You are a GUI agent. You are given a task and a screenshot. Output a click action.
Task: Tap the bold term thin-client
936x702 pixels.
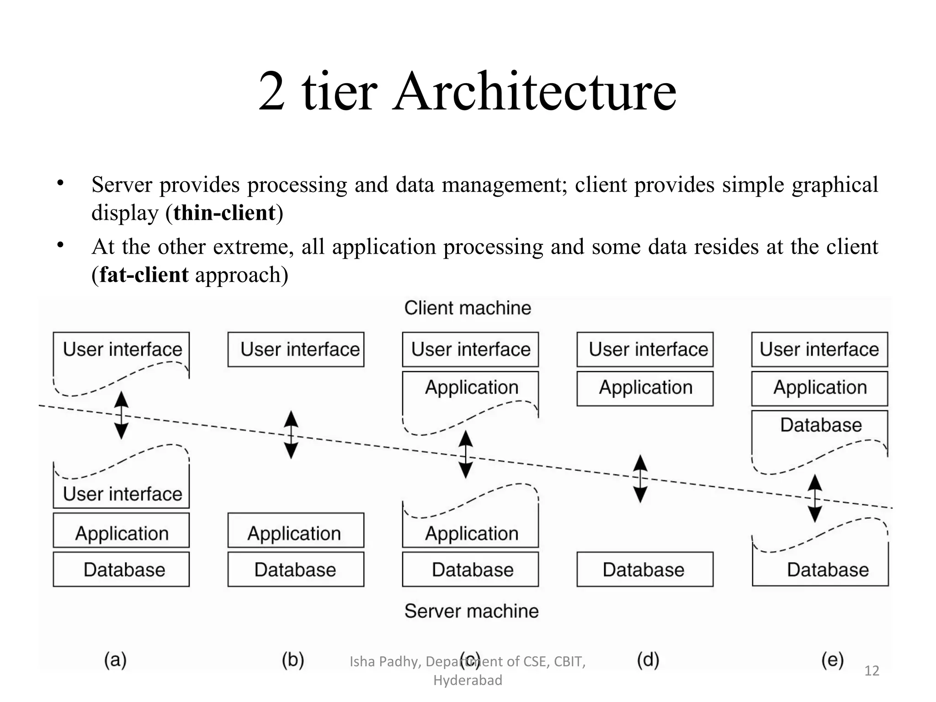(x=224, y=213)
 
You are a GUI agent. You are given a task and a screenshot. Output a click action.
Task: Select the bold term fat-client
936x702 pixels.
(x=144, y=275)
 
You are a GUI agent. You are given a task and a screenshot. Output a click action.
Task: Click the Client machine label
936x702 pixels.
(x=468, y=308)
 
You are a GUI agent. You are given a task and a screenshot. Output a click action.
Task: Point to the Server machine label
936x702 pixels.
(x=471, y=611)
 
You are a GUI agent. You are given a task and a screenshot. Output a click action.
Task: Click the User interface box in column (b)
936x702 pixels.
(x=296, y=350)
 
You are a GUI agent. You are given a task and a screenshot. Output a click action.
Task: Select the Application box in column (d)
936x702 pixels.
(x=645, y=388)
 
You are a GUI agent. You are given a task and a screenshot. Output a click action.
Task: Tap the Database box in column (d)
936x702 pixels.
(x=645, y=569)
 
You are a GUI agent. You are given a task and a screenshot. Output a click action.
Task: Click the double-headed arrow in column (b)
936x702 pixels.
(x=291, y=435)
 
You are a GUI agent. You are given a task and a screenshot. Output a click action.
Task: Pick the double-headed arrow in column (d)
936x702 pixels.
(x=640, y=479)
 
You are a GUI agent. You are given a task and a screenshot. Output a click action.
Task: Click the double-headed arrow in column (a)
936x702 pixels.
(x=121, y=415)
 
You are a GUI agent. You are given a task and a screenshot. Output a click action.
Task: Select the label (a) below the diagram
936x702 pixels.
(x=115, y=660)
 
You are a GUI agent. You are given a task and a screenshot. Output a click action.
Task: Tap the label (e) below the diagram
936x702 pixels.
(x=832, y=660)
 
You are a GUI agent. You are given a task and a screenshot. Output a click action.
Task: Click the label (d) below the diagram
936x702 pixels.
(x=648, y=660)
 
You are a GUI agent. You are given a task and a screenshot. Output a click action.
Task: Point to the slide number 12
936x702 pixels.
(x=872, y=670)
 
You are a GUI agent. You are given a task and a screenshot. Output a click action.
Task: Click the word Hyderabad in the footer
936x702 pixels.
(x=468, y=680)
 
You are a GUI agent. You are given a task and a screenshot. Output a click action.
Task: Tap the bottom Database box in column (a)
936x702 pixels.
(x=121, y=569)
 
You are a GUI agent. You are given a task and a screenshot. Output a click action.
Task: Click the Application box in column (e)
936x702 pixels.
(x=819, y=388)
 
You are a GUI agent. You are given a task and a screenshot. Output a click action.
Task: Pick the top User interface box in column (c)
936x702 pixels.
(x=470, y=350)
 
